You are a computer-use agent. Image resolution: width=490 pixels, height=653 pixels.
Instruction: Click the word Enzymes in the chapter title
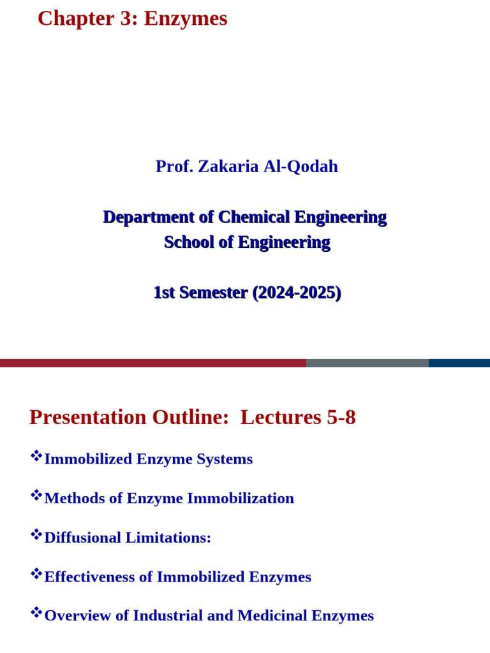point(186,18)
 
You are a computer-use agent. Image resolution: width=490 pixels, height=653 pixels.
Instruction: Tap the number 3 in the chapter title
point(126,18)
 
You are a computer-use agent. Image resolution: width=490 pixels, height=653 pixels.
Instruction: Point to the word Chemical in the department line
point(254,217)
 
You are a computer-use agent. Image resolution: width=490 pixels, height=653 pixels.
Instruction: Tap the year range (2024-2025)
point(297,293)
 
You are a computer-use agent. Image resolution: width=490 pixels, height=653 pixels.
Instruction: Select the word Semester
point(214,293)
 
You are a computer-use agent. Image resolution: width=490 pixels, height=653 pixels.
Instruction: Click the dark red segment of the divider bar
point(153,363)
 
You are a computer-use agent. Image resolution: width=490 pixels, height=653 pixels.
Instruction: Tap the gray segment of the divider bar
point(367,363)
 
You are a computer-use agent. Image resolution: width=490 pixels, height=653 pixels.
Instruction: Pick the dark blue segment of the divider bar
point(459,363)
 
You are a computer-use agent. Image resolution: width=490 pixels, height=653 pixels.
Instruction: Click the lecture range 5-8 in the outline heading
point(341,417)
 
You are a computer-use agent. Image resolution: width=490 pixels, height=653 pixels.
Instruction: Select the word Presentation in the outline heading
point(88,417)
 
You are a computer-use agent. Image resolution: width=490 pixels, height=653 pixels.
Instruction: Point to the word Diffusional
point(82,538)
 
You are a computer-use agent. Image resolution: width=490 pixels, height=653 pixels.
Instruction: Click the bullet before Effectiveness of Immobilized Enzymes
point(36,573)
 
